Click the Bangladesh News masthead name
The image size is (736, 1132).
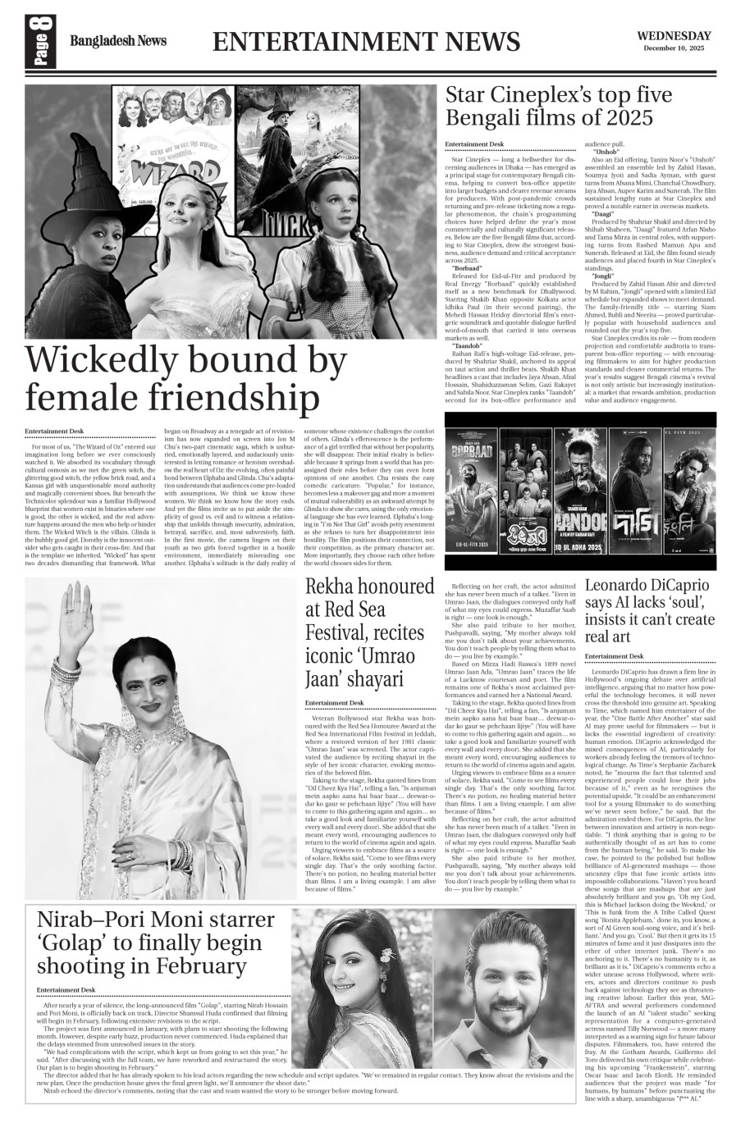click(117, 41)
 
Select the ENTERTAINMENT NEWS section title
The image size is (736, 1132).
click(366, 42)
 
